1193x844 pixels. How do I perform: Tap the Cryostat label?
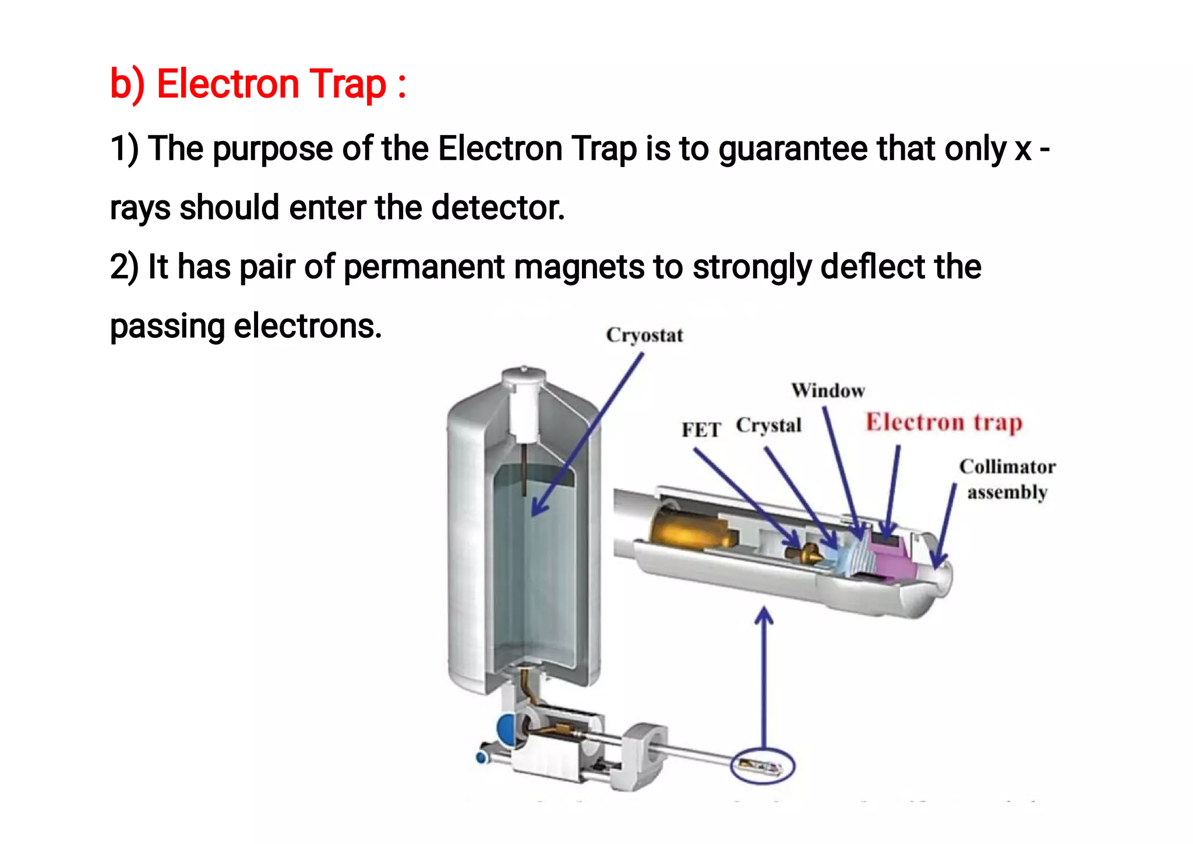click(x=644, y=336)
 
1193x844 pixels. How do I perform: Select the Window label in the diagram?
click(x=828, y=390)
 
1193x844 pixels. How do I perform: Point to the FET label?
click(x=701, y=430)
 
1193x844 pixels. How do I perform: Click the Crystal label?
click(x=768, y=425)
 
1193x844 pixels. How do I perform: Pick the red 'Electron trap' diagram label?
click(x=944, y=422)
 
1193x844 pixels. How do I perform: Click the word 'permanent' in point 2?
click(x=424, y=267)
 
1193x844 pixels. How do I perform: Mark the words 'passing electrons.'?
click(x=246, y=326)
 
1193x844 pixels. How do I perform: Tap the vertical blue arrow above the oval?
click(x=764, y=676)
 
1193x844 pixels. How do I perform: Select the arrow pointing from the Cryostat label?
click(x=588, y=434)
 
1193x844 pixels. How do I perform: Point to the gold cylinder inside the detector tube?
click(x=687, y=530)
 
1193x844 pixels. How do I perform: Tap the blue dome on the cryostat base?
click(x=505, y=729)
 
